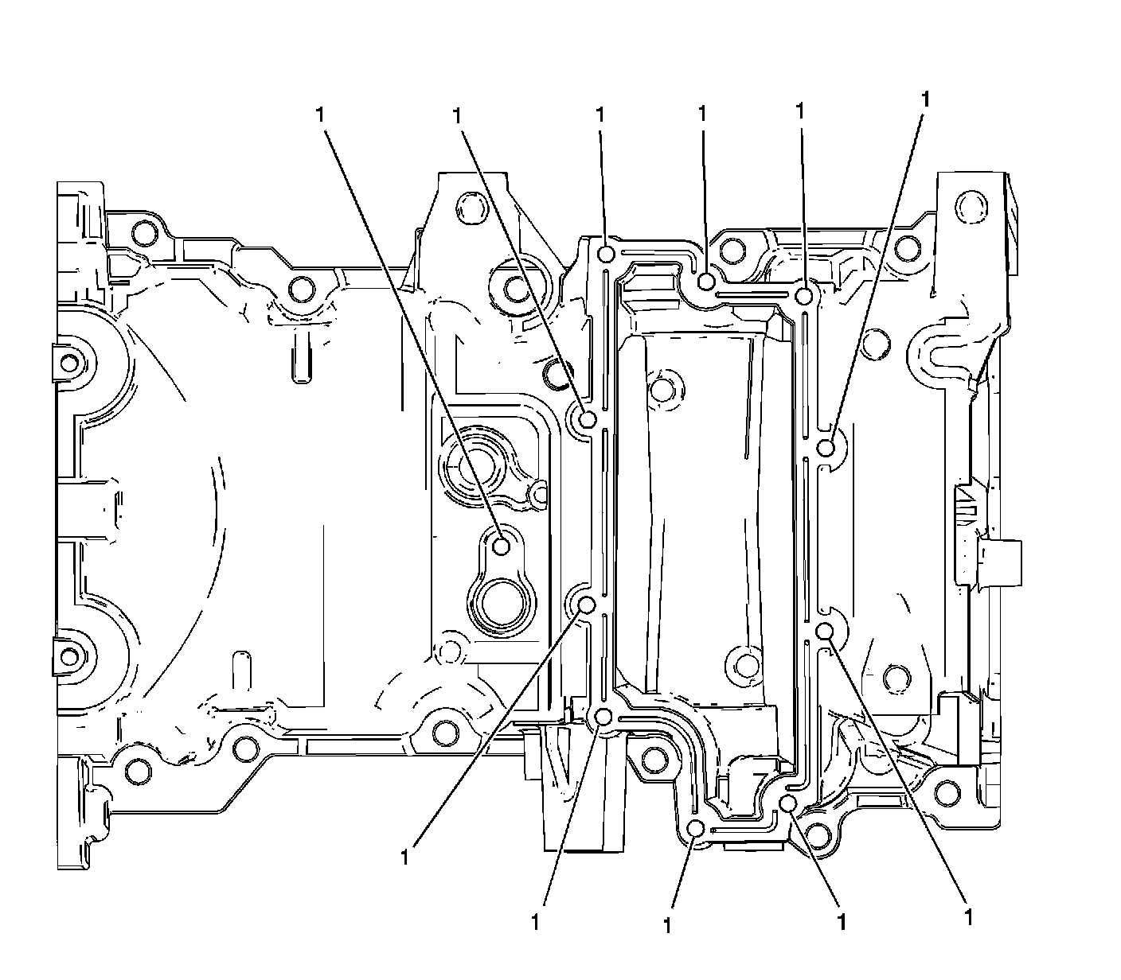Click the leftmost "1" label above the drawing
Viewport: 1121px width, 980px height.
pyautogui.click(x=319, y=114)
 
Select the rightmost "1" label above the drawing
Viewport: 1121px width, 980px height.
pyautogui.click(x=924, y=99)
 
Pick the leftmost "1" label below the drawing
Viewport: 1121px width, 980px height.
pyautogui.click(x=406, y=857)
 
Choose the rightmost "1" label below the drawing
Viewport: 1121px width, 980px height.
pyautogui.click(x=968, y=916)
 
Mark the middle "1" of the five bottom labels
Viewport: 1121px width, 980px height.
pyautogui.click(x=666, y=924)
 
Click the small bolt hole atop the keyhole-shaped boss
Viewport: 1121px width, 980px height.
pyautogui.click(x=502, y=546)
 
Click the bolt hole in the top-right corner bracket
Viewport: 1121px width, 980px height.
pyautogui.click(x=970, y=205)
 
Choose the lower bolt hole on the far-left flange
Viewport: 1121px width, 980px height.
pyautogui.click(x=70, y=658)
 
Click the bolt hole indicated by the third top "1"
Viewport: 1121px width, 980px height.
pyautogui.click(x=606, y=255)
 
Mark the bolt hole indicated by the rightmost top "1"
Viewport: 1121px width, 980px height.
pyautogui.click(x=826, y=447)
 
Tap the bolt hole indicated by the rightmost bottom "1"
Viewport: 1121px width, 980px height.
pyautogui.click(x=825, y=632)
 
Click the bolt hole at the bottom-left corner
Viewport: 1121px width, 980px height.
pyautogui.click(x=138, y=769)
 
